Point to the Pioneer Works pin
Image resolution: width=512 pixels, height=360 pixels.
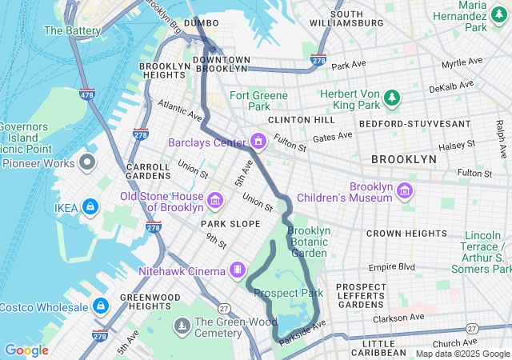(x=87, y=163)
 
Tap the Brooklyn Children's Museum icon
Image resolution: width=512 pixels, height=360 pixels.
(x=406, y=190)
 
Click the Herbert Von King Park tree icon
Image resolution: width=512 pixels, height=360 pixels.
(x=391, y=98)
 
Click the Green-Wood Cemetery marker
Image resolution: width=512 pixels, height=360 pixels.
(x=182, y=326)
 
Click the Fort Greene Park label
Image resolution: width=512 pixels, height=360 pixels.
(x=258, y=101)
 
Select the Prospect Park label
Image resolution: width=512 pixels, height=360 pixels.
(x=288, y=293)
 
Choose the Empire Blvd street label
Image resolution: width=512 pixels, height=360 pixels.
(x=392, y=266)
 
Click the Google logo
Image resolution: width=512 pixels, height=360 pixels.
(x=26, y=350)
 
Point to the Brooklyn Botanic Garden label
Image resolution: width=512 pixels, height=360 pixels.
(x=309, y=242)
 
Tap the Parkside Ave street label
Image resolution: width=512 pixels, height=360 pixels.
(x=303, y=330)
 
